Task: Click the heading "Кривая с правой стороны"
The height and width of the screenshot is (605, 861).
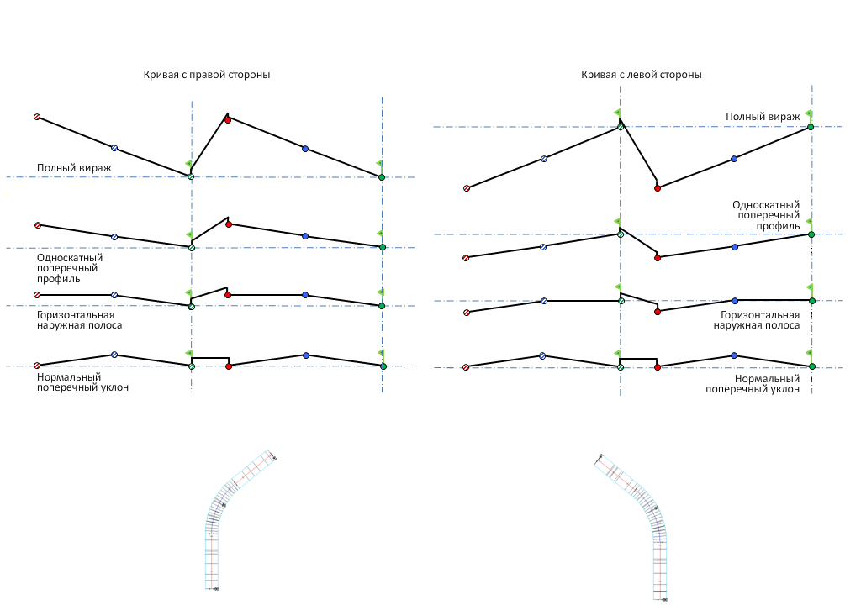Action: point(206,75)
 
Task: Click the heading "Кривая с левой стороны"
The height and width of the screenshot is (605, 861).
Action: point(641,75)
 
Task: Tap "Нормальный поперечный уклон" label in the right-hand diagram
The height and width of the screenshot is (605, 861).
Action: point(752,384)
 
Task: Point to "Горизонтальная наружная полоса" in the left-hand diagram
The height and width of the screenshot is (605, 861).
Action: point(79,319)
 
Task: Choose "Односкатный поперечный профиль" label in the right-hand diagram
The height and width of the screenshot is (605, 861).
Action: point(766,215)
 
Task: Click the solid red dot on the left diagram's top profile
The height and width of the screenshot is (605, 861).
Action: point(228,119)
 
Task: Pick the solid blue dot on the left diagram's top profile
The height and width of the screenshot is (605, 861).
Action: point(305,149)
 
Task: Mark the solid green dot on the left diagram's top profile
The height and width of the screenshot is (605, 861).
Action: point(382,177)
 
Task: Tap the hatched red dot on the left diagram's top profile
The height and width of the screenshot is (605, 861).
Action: point(37,117)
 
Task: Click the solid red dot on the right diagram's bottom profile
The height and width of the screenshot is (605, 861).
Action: point(658,366)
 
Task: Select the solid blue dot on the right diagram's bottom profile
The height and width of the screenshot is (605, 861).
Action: point(734,355)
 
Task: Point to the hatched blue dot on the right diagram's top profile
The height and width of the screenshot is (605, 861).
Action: point(544,158)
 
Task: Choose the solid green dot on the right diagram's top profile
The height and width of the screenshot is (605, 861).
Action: point(811,127)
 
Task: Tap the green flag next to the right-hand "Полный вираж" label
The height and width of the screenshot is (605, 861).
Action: point(807,113)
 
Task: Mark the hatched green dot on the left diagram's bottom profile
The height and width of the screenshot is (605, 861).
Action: point(192,366)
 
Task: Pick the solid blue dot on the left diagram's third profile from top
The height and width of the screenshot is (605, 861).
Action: point(305,295)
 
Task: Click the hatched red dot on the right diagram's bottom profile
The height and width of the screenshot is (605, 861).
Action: point(466,367)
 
